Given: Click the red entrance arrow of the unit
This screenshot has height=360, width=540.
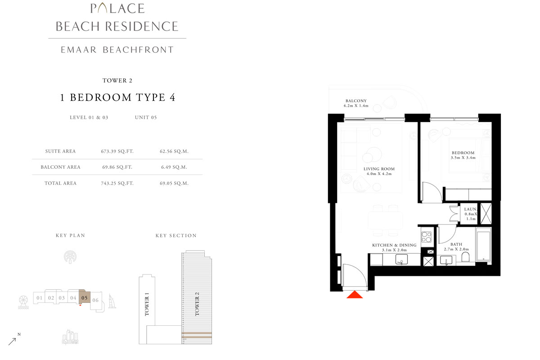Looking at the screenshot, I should [355, 295].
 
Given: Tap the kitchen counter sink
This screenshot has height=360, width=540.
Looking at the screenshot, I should [401, 259].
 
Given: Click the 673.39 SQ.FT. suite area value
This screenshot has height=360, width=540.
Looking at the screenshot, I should [117, 151].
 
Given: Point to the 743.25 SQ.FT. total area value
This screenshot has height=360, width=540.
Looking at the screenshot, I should [117, 183].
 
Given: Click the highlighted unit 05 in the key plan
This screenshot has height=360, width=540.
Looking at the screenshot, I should [84, 297].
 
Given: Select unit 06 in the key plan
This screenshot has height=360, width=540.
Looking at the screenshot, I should [95, 300].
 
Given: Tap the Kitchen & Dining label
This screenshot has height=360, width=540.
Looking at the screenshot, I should [394, 246].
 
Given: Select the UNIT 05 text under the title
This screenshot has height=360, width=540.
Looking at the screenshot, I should [145, 117].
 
